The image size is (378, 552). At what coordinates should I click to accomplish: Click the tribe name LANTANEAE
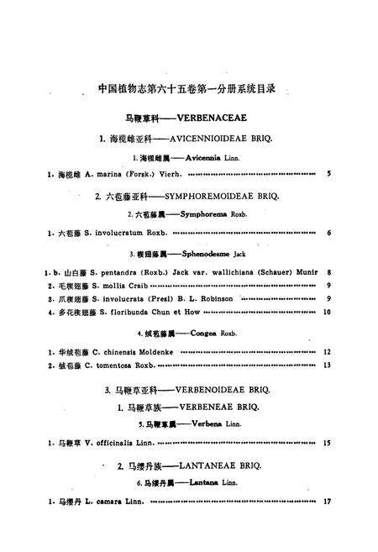tap(209, 467)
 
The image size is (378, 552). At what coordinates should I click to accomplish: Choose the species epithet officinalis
tap(102, 443)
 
